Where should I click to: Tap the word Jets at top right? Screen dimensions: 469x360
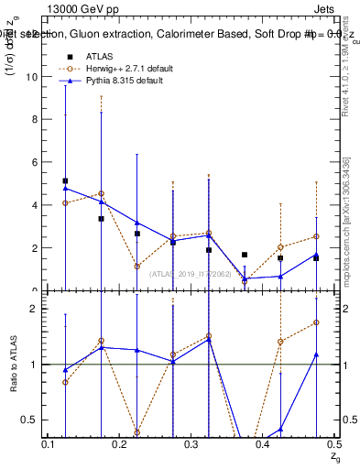326,6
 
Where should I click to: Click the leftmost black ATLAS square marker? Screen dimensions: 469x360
65,181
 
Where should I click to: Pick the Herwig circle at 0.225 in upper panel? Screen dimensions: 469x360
136,267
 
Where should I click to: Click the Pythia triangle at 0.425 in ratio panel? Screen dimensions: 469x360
280,429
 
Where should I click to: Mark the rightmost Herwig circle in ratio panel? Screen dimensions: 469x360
316,322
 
